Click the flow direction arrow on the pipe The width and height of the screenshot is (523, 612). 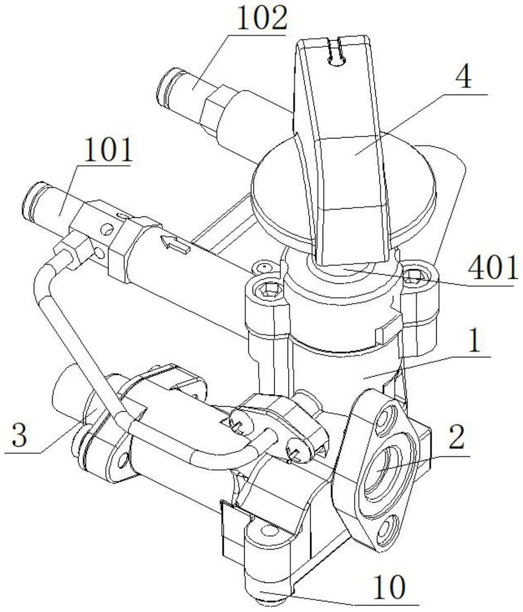174,244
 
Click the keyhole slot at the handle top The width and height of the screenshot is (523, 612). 335,53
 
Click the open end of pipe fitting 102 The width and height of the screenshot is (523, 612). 165,84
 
